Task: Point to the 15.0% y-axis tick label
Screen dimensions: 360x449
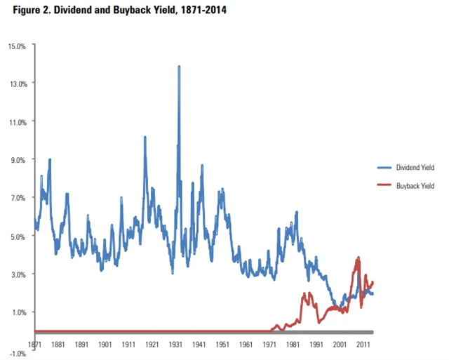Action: point(17,46)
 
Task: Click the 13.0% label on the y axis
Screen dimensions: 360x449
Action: point(17,84)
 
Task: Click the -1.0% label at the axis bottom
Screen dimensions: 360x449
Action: point(18,353)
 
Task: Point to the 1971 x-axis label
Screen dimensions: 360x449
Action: point(269,345)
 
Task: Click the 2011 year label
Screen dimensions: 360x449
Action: point(363,345)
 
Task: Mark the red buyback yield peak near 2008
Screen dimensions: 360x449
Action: point(358,258)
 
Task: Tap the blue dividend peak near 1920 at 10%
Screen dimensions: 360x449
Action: point(145,138)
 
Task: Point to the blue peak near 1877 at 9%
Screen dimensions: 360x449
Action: point(50,160)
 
